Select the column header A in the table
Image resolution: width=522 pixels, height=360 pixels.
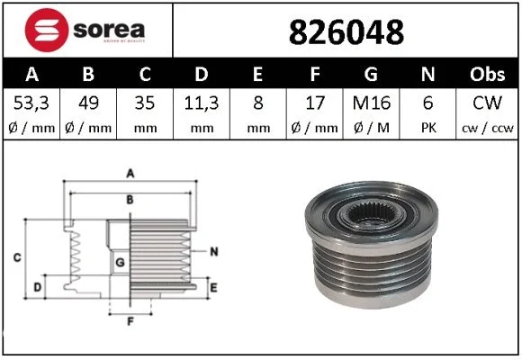coord(31,75)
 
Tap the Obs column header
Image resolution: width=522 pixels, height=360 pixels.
coord(488,75)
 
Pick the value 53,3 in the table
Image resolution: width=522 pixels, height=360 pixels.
coord(31,102)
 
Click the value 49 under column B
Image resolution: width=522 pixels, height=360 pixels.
coord(87,102)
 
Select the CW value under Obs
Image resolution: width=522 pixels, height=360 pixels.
coord(488,102)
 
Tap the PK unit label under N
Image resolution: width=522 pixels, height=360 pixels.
coord(429,126)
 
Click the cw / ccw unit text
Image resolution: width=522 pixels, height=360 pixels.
coord(488,126)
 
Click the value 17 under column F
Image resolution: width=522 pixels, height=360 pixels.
coord(315,102)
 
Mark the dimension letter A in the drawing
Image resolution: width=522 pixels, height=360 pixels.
coord(130,173)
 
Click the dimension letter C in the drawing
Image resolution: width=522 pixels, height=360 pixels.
coord(17,259)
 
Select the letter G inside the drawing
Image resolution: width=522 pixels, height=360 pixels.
coord(121,262)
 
